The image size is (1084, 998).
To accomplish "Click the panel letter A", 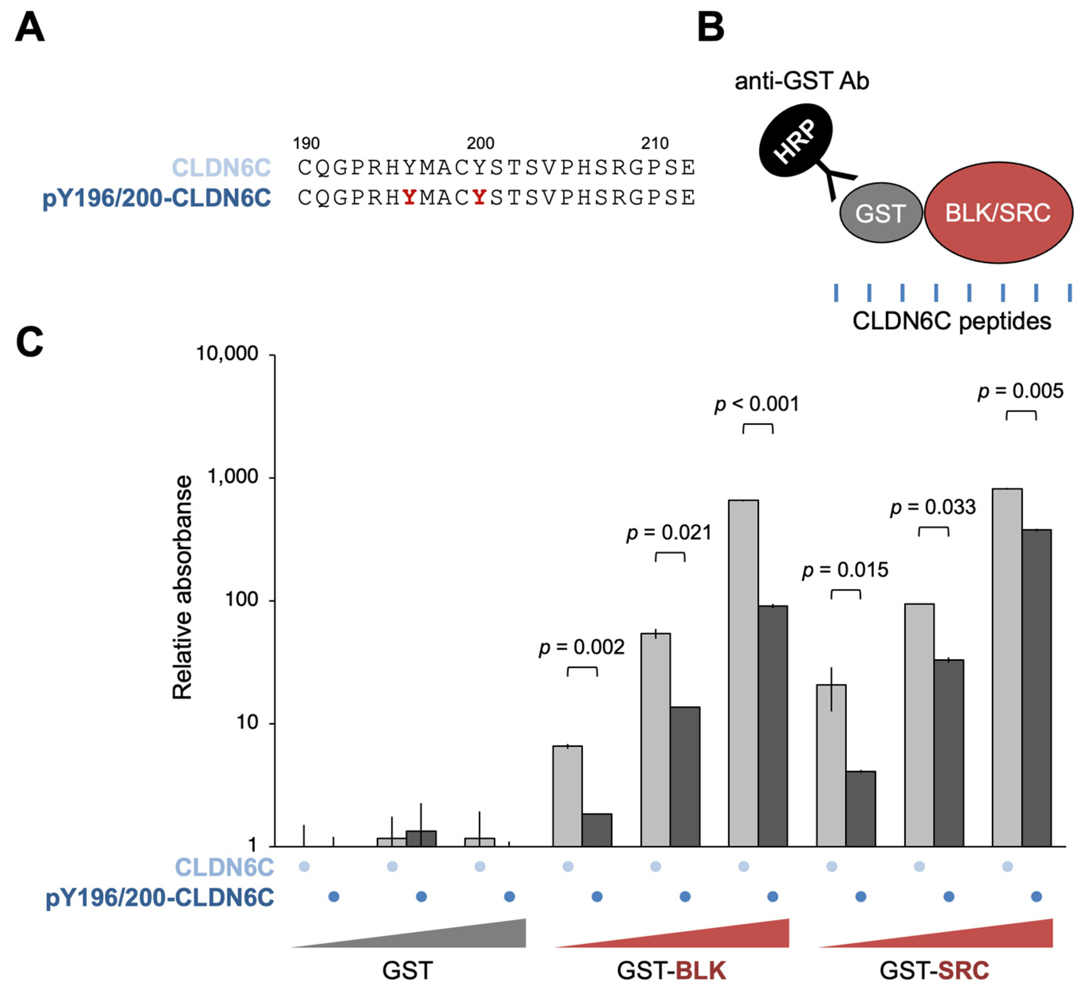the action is tap(29, 28).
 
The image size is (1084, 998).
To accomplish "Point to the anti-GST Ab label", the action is tap(802, 81).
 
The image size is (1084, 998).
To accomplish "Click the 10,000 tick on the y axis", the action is tap(227, 354).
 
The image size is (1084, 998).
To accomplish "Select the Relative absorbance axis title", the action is tap(182, 588).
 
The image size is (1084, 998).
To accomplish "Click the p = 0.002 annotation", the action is tap(582, 647).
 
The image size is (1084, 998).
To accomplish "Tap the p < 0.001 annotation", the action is tap(757, 404).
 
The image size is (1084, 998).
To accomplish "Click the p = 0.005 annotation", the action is tap(1020, 391).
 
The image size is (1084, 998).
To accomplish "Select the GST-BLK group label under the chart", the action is tap(671, 970).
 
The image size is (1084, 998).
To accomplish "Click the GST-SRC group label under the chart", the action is tap(935, 970).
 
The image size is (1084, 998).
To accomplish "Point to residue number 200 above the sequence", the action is tap(480, 143).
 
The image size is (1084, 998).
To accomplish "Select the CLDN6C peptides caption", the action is tap(951, 321).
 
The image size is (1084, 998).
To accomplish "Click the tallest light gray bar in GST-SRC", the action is tap(1007, 667).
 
